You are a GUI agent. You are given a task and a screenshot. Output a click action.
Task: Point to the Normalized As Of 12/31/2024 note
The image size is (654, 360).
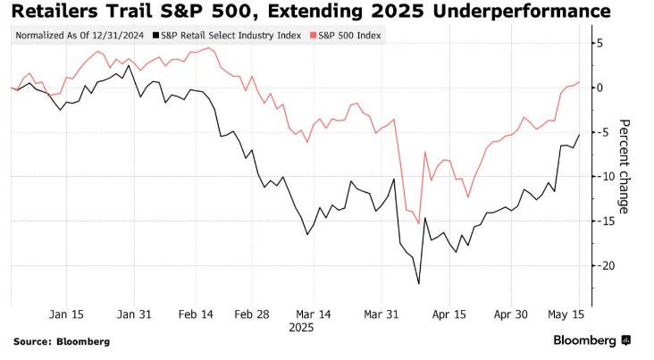tap(80, 35)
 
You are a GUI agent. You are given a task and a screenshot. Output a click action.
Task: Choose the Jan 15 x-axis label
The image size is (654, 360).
tap(66, 314)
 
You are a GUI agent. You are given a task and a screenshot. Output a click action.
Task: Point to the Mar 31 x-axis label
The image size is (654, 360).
tap(382, 314)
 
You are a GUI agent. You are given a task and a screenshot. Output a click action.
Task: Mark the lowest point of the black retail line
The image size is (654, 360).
tap(418, 284)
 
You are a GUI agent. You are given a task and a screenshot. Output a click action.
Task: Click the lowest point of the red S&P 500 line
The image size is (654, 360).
tap(417, 222)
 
